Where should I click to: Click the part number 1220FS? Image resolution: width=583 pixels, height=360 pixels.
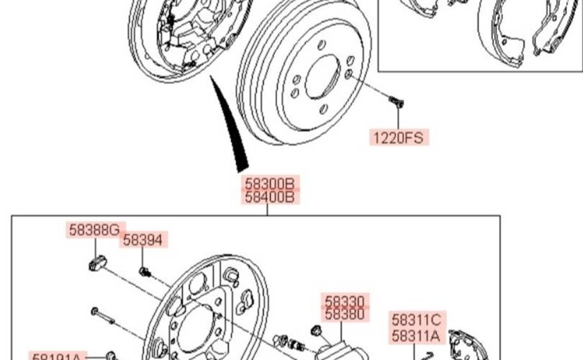[x=399, y=137]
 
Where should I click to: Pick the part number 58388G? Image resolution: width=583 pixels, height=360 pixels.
[x=94, y=230]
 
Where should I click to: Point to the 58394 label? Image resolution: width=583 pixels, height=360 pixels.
[x=143, y=240]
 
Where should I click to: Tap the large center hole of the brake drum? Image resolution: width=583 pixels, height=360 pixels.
[x=322, y=76]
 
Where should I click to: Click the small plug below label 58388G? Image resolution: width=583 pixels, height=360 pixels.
[x=97, y=263]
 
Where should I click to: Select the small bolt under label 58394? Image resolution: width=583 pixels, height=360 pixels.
[x=145, y=271]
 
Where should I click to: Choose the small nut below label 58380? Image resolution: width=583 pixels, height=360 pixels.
[x=315, y=330]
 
